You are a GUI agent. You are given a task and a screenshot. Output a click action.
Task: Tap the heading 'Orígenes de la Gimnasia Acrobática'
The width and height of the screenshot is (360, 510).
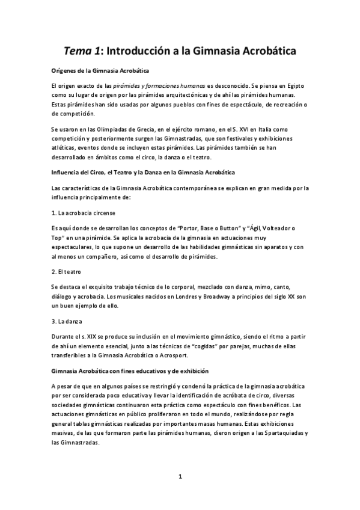point(100,71)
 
